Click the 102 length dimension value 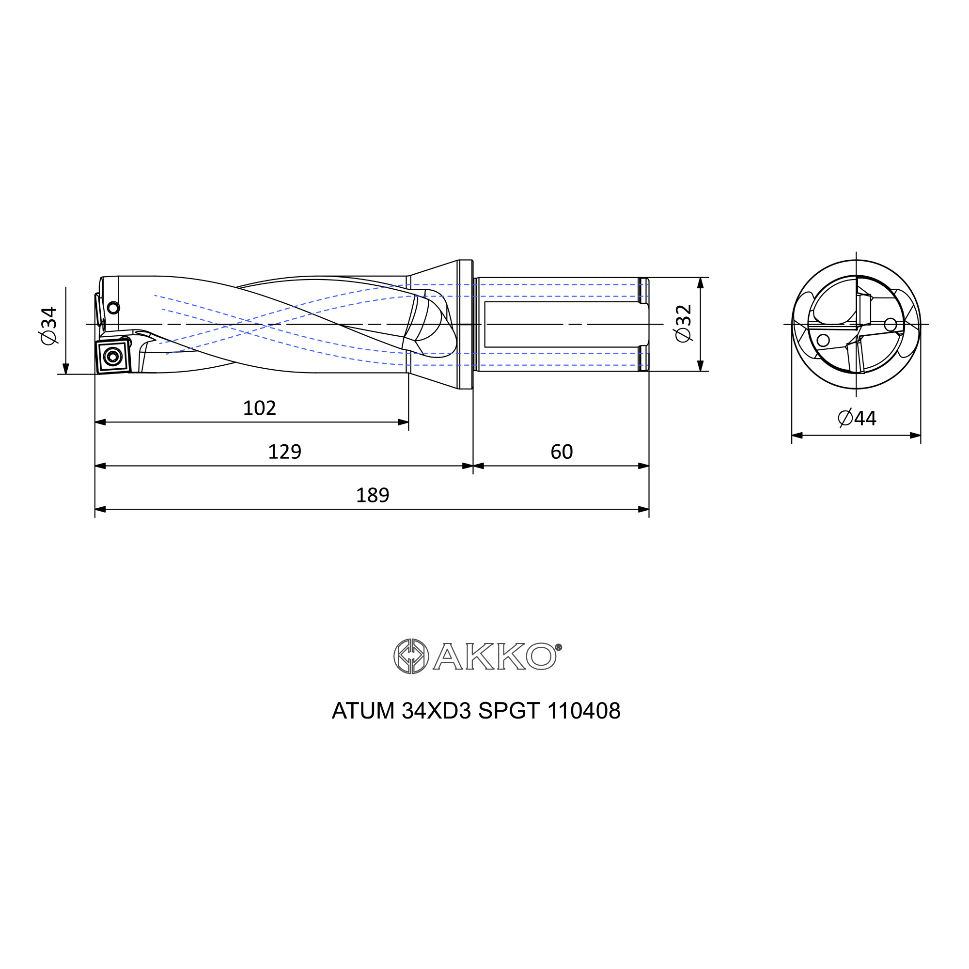coord(259,408)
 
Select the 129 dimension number coord(284,452)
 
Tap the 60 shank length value coord(561,452)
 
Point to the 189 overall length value coord(372,496)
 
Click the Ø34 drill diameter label coord(49,326)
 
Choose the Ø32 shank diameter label coord(684,324)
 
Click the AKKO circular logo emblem coord(411,656)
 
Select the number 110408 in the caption coord(584,711)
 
